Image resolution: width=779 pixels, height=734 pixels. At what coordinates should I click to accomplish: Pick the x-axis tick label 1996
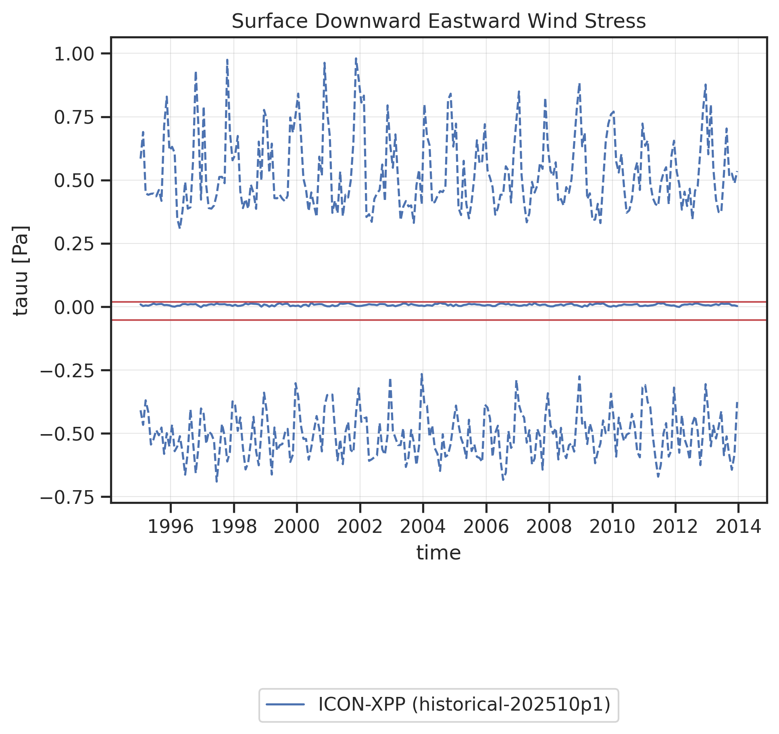click(171, 527)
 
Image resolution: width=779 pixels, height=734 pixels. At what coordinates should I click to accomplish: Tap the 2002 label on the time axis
click(360, 527)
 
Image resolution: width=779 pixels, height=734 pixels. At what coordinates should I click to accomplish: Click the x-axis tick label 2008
click(549, 527)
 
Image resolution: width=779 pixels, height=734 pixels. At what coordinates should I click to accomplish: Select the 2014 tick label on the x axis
click(738, 527)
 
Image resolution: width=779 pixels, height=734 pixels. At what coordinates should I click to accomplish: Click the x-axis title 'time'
click(439, 553)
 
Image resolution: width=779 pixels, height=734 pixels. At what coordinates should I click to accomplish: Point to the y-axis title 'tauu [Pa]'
click(21, 270)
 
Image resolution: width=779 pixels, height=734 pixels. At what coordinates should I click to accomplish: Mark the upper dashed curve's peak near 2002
click(356, 59)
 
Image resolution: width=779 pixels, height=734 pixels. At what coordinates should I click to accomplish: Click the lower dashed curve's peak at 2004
click(422, 374)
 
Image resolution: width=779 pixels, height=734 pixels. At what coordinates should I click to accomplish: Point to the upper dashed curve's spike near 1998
click(227, 60)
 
